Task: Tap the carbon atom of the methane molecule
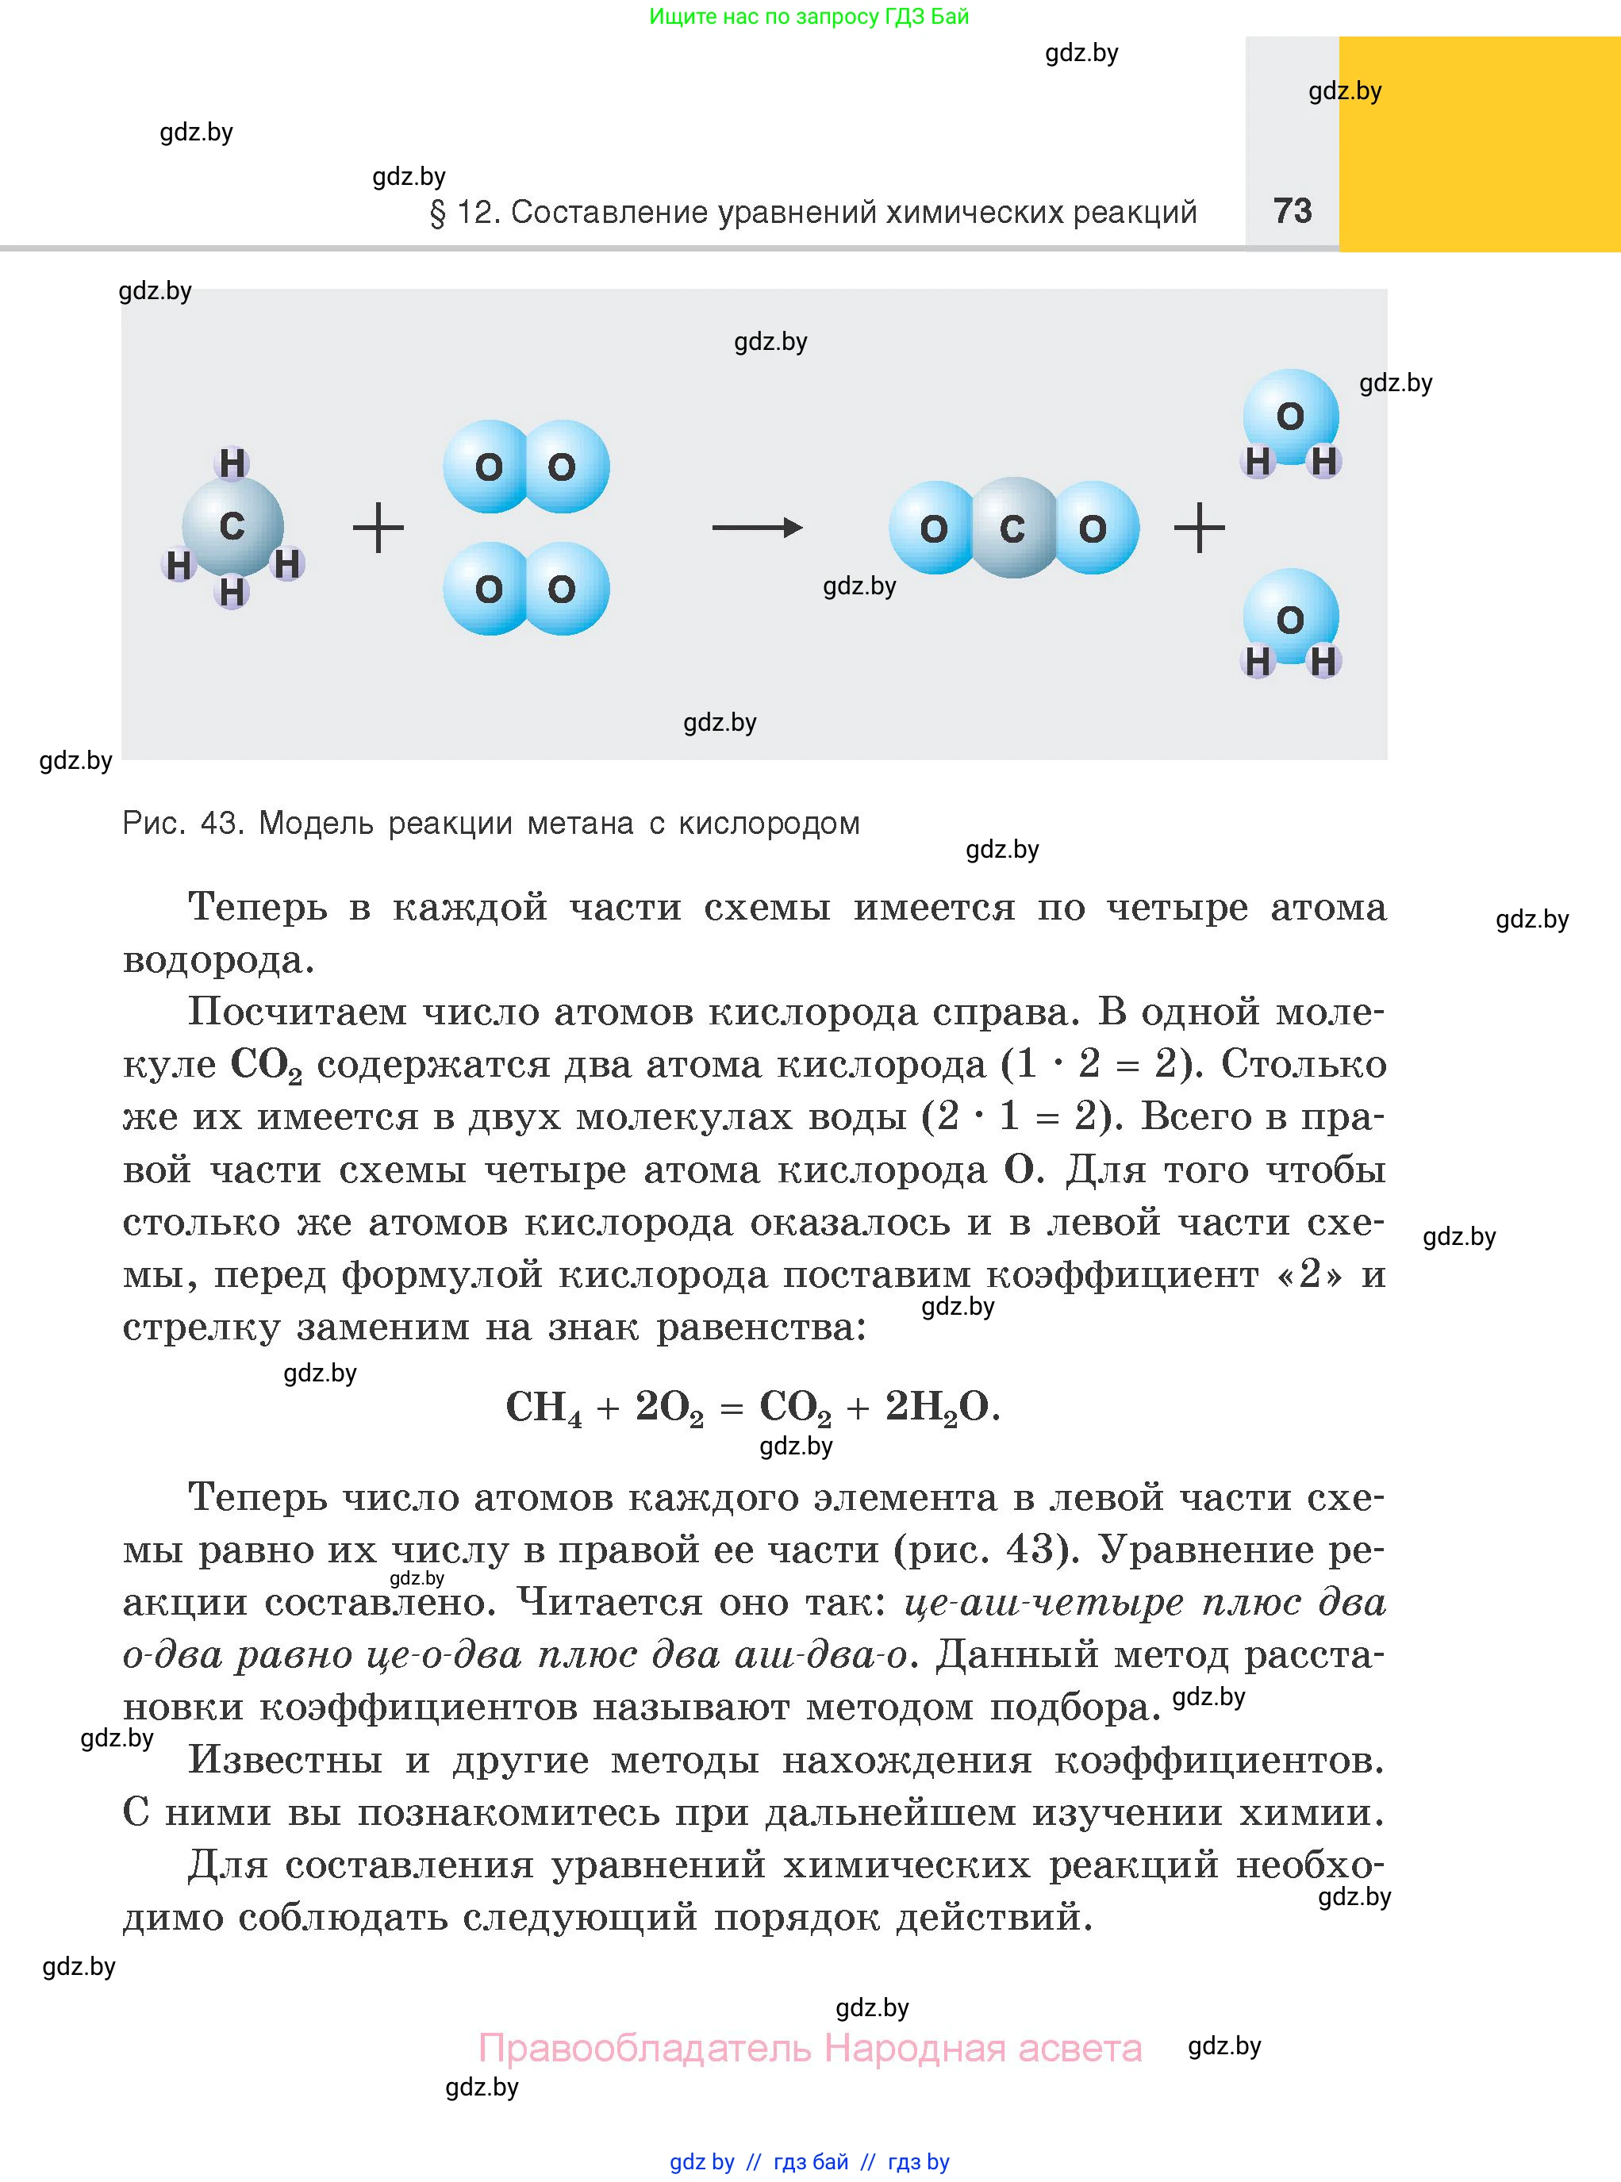coord(232,527)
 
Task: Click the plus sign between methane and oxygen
coord(378,528)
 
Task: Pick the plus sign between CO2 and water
coord(1199,528)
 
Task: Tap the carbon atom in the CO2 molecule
coord(1013,528)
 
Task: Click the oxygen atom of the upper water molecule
coord(1290,416)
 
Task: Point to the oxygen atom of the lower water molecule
coord(1290,619)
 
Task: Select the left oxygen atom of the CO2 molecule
coord(933,528)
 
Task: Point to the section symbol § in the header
coord(438,213)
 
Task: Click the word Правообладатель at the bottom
coord(645,2049)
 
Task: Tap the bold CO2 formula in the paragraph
coord(266,1066)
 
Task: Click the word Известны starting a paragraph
coord(286,1760)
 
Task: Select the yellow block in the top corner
coord(1479,144)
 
